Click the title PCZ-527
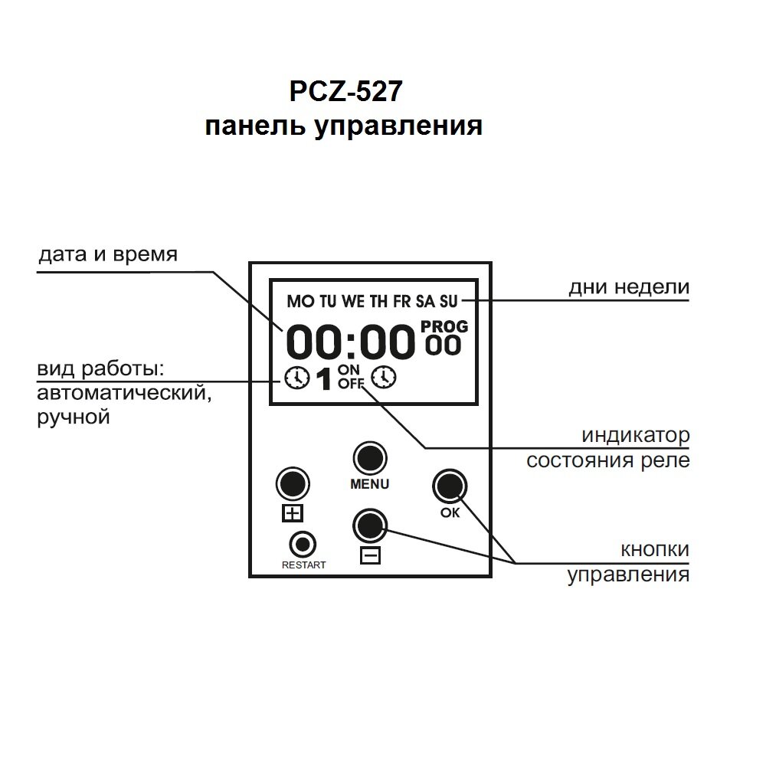pos(344,93)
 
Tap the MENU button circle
pos(369,457)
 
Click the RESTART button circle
pos(303,545)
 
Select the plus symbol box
pos(293,513)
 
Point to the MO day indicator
pos(300,301)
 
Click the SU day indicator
pos(448,301)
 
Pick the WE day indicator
pos(353,301)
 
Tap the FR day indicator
pos(402,301)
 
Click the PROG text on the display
pos(444,327)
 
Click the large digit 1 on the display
pos(324,379)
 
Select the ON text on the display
pos(349,371)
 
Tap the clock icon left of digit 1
pos(296,378)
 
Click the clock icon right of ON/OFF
pos(384,378)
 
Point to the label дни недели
pos(629,287)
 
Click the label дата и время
pos(108,254)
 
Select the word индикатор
pos(635,436)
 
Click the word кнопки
pos(654,550)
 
